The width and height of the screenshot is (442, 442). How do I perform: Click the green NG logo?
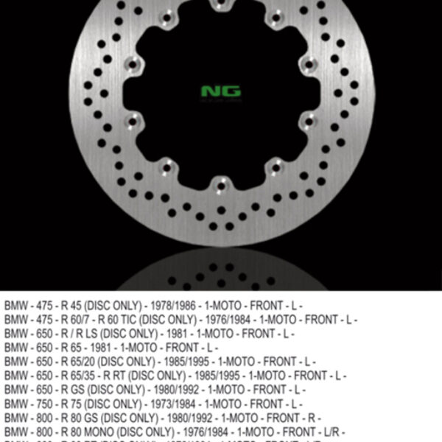220,92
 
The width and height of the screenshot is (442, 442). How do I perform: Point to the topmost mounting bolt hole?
220,8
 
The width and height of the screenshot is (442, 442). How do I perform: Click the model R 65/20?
85,362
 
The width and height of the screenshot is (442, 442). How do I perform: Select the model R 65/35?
85,376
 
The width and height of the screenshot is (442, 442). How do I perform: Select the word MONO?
107,432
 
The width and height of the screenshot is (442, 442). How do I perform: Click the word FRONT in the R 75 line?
263,404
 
